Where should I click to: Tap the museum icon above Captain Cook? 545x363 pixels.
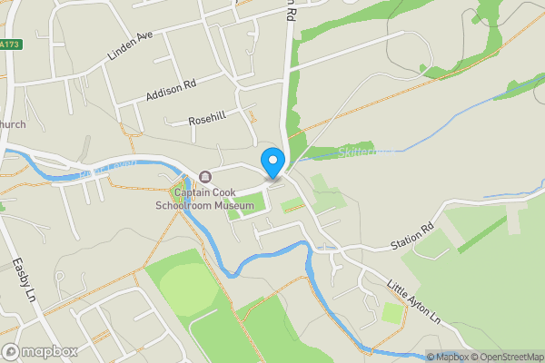(205, 176)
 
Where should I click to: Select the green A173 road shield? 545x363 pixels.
(10, 44)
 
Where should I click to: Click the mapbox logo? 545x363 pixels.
(40, 351)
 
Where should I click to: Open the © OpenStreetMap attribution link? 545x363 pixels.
(507, 357)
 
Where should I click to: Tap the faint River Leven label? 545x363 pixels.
(107, 166)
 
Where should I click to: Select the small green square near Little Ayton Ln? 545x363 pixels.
(392, 313)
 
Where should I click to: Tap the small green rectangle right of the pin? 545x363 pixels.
(292, 206)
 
